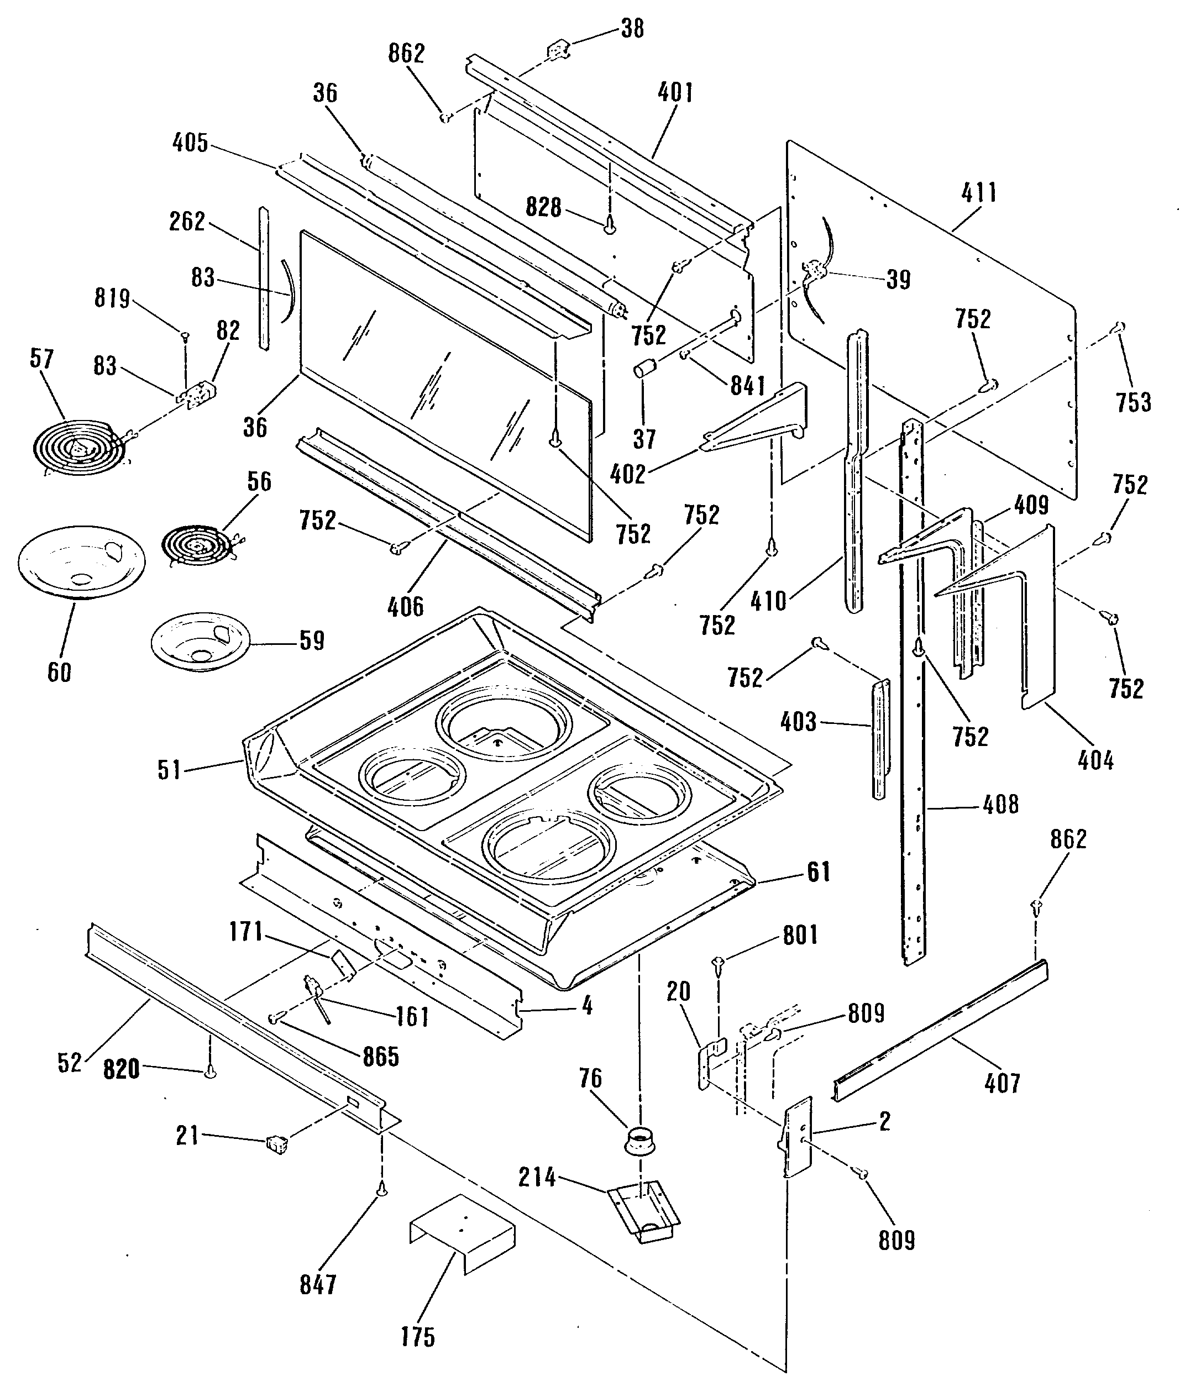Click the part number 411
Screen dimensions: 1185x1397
979,193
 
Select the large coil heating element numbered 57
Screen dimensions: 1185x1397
81,446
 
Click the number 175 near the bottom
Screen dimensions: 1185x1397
418,1337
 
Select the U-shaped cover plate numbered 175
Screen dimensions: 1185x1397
462,1234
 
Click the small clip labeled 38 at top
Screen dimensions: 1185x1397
559,50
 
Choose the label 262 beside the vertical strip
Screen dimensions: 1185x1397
187,221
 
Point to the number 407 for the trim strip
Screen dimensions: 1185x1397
1002,1083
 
